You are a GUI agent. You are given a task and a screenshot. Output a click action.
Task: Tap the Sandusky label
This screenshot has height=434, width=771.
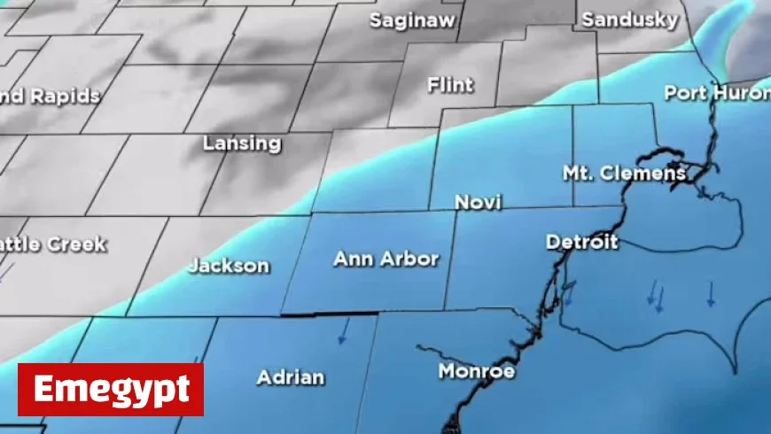pos(630,19)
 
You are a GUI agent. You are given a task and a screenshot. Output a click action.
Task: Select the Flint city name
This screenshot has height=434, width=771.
pos(450,86)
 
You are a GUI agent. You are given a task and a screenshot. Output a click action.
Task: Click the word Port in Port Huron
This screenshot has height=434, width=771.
pos(684,92)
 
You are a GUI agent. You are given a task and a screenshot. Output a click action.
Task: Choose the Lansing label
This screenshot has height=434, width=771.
pos(242,143)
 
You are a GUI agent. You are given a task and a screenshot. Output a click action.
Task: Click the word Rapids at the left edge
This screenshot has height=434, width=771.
pos(65,97)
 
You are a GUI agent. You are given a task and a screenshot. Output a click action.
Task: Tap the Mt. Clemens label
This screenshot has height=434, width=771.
pos(625,173)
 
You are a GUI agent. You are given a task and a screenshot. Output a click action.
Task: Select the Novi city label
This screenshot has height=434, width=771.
pos(478,203)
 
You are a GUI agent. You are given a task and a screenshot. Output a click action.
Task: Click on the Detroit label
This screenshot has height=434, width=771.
pos(582,242)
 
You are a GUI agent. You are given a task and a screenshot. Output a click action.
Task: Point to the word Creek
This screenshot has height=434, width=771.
pos(78,244)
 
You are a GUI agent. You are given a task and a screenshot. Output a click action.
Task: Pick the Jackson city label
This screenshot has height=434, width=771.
pos(229,265)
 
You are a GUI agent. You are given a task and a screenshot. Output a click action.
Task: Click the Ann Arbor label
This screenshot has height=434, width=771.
pos(385,259)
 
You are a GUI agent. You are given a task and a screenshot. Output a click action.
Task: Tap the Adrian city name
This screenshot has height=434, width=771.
pos(291,377)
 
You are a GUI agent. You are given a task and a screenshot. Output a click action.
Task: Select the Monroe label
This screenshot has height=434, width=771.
pos(477,371)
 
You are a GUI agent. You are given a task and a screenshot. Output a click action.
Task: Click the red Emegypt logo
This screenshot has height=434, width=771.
pos(111,389)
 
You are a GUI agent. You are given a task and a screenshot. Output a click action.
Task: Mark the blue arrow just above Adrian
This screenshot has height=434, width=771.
pos(342,331)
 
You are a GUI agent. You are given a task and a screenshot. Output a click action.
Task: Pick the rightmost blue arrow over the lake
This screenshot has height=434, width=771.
pos(710,294)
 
